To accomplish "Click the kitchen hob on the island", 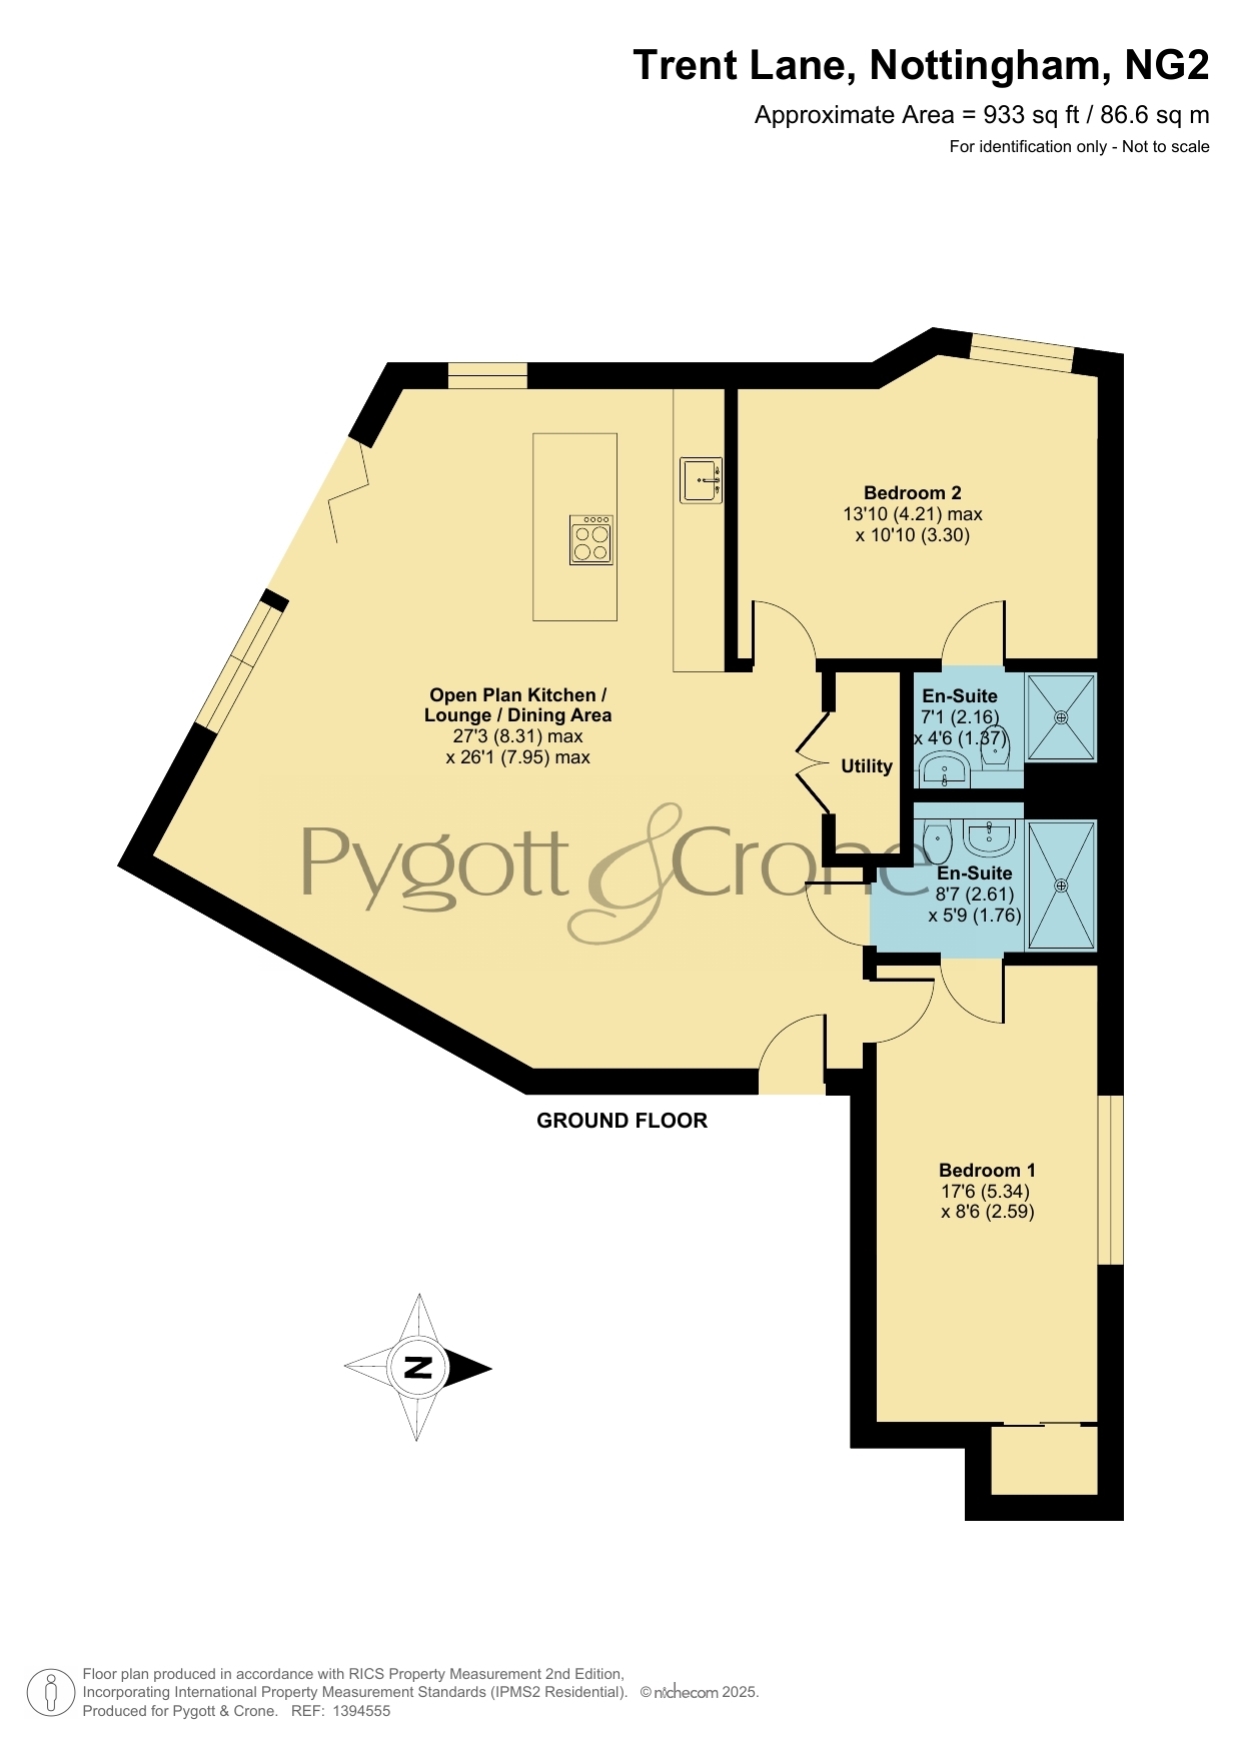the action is point(591,539).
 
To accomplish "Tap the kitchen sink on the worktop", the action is point(700,479).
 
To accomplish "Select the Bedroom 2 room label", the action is point(912,493).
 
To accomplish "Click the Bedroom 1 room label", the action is point(987,1170).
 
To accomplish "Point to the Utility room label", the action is point(866,766).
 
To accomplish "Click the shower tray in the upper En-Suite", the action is point(1061,717).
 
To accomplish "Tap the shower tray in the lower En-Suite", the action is point(1061,885).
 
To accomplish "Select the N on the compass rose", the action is point(418,1367).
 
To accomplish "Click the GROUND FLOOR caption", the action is point(622,1121).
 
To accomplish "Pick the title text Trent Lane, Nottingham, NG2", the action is point(921,66).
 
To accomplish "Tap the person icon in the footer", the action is point(50,1693).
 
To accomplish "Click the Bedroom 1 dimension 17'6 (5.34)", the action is point(985,1191).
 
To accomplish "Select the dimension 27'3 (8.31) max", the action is point(518,736).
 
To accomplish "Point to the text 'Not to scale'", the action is point(1166,147).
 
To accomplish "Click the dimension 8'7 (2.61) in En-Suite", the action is point(975,894).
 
